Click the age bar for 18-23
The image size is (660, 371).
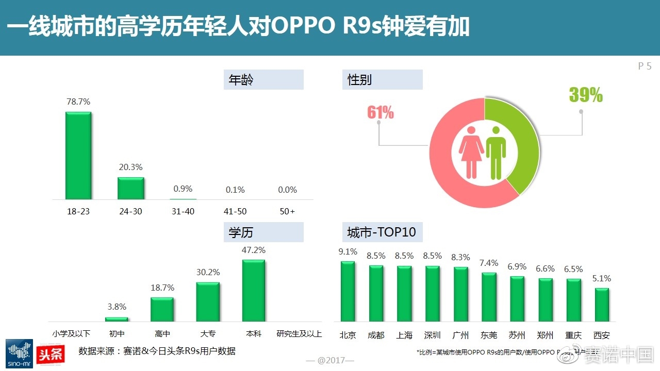[x=78, y=156]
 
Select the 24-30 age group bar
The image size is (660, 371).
[x=131, y=189]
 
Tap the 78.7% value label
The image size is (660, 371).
[x=78, y=102]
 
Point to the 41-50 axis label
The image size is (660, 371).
[x=236, y=212]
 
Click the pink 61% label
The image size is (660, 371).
[x=381, y=113]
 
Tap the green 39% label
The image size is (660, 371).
[x=586, y=95]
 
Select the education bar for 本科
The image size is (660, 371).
[x=254, y=291]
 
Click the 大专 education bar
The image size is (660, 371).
[x=208, y=302]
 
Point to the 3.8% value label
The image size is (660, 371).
[x=117, y=307]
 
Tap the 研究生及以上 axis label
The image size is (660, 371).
[x=299, y=334]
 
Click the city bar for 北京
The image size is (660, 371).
[x=348, y=291]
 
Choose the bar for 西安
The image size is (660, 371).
[x=602, y=305]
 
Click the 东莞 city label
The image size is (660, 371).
[x=489, y=335]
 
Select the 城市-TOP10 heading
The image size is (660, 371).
[x=382, y=232]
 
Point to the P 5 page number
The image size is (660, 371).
[x=645, y=66]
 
